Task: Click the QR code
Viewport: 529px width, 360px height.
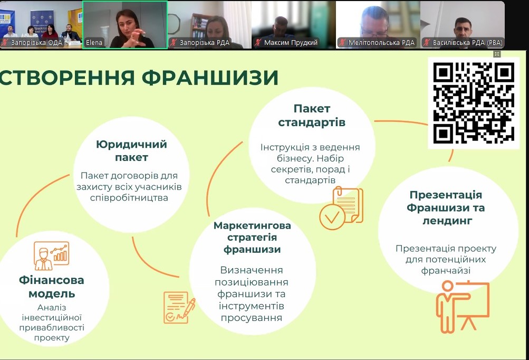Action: point(473,102)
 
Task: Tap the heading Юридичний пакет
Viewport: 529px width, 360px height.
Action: point(131,150)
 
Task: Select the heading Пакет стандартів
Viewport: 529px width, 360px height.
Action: point(312,115)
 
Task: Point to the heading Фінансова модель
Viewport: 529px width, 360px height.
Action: point(52,287)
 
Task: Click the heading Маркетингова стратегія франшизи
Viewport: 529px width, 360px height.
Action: point(252,238)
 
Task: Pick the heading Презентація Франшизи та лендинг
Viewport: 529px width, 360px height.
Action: point(446,207)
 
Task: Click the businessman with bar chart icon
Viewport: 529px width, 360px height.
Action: point(51,255)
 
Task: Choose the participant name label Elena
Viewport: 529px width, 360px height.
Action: point(94,43)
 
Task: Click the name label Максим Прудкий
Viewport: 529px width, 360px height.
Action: point(291,43)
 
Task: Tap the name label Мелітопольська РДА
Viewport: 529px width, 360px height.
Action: point(381,43)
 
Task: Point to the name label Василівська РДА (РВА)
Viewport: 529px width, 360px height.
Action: point(468,43)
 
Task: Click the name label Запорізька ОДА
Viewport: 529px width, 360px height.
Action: point(36,43)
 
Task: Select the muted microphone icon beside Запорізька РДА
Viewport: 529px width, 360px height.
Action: point(174,43)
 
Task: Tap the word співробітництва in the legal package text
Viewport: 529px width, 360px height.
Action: point(129,197)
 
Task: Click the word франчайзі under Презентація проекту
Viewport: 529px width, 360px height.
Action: point(446,270)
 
